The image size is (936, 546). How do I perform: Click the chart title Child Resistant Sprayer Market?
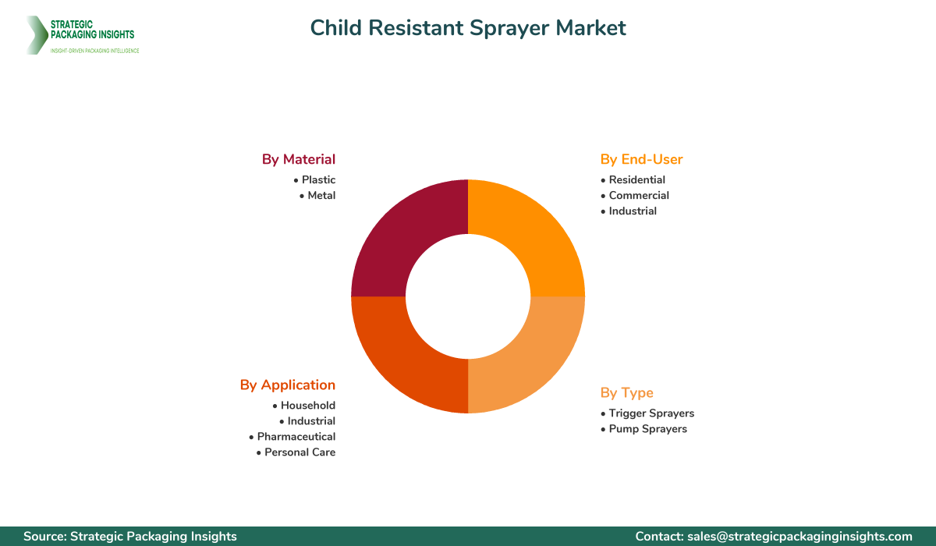(x=468, y=28)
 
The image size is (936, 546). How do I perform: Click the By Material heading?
(x=299, y=159)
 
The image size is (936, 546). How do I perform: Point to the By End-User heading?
(x=641, y=159)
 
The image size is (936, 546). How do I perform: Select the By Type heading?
(x=626, y=392)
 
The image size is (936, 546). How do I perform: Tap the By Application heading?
(x=288, y=385)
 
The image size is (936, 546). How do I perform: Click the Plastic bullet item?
(x=318, y=179)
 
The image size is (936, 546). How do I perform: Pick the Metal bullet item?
(x=321, y=195)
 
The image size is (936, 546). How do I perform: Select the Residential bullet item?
(x=636, y=179)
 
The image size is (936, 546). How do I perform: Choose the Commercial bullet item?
(x=639, y=195)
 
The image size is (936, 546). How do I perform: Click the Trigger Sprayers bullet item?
(x=651, y=413)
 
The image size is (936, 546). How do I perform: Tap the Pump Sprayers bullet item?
(x=647, y=428)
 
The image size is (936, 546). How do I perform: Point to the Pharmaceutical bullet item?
(x=296, y=436)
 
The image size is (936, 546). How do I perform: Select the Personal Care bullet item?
(x=300, y=452)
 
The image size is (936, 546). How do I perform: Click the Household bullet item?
(x=308, y=405)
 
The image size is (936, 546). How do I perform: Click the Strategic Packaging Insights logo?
(x=82, y=35)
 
